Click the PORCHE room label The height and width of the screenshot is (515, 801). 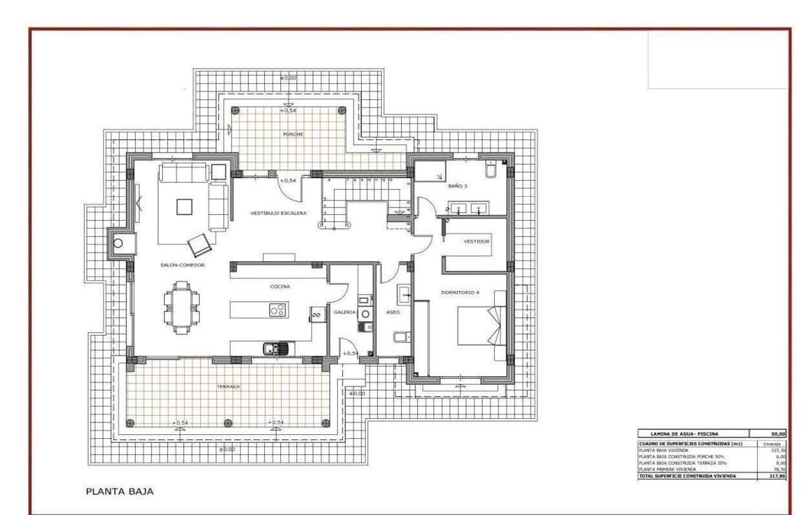click(x=293, y=134)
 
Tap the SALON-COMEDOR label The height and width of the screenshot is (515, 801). click(x=182, y=265)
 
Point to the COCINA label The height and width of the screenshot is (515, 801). click(x=280, y=286)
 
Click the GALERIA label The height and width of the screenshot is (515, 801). click(x=344, y=312)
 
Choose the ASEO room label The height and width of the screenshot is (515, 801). click(x=392, y=312)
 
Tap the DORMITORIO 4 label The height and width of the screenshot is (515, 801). click(x=459, y=292)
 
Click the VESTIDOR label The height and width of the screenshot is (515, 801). click(x=476, y=241)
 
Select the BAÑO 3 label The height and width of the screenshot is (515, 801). click(x=457, y=186)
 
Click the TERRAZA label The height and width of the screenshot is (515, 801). click(x=228, y=387)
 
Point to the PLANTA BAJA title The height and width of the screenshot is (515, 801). click(x=119, y=491)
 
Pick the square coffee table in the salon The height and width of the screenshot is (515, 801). click(x=185, y=206)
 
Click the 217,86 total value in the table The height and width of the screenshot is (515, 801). click(x=778, y=476)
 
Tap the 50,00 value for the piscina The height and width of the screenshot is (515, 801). click(x=778, y=434)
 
